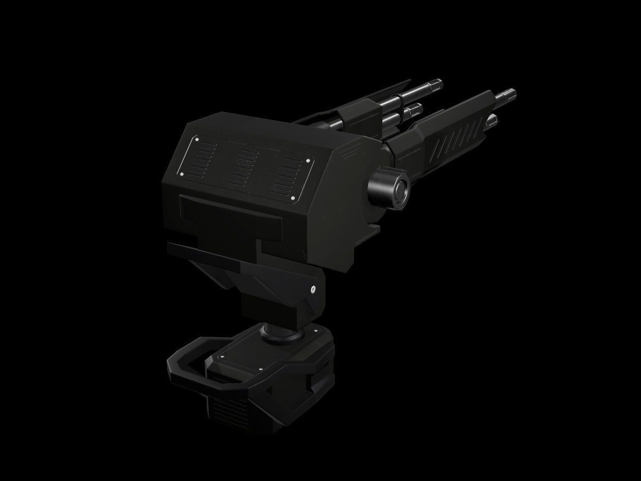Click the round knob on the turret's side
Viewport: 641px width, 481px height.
389,188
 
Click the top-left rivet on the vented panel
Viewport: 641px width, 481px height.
197,140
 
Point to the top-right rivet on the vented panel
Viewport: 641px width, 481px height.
308,160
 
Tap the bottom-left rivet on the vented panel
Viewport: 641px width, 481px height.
182,174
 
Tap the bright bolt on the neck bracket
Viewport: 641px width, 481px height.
313,290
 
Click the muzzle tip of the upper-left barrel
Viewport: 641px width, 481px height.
437,83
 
